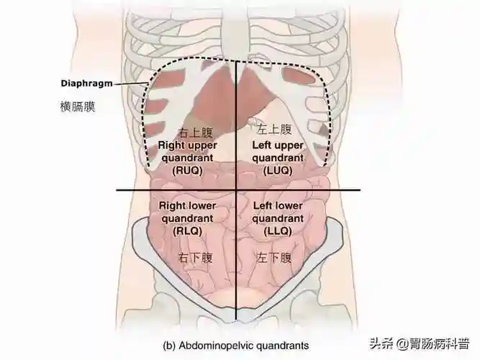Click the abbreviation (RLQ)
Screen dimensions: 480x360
[189, 232]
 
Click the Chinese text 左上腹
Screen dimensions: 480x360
[274, 130]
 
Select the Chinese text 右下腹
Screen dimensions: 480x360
[194, 257]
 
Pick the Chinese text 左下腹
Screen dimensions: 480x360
[274, 257]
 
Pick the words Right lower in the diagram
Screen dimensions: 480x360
[188, 206]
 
